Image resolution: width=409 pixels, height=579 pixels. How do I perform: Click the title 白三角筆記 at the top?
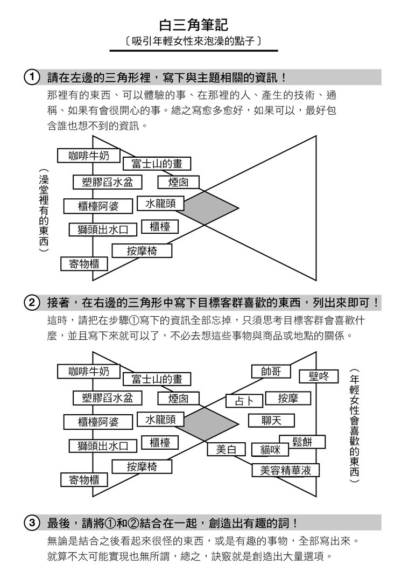194,25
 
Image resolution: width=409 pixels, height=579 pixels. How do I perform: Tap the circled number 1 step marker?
32,78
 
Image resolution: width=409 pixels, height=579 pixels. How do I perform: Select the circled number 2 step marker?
32,303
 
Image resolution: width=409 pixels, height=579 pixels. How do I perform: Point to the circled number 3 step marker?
32,523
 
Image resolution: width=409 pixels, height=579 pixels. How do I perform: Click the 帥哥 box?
271,372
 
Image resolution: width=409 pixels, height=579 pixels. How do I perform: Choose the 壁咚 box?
319,376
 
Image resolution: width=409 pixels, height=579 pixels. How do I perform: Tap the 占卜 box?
244,401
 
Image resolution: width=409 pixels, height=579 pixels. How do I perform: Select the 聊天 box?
271,421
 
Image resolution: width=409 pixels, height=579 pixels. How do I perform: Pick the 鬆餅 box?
302,442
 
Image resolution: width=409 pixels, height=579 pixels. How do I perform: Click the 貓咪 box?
270,450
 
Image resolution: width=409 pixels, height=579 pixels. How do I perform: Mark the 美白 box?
226,449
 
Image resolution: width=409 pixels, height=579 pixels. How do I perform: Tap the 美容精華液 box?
285,470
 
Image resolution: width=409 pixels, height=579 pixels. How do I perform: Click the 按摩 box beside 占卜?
288,398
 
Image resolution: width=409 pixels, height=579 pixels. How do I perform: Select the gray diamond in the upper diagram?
208,207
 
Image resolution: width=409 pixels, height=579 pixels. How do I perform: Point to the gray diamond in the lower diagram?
208,424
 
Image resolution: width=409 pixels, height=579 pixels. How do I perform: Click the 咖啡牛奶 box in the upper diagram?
89,156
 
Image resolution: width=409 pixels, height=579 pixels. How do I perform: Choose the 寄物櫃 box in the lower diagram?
84,480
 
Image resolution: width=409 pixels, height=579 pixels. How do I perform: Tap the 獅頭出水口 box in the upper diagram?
103,229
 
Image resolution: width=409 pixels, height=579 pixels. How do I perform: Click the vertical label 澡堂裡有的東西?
44,211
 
